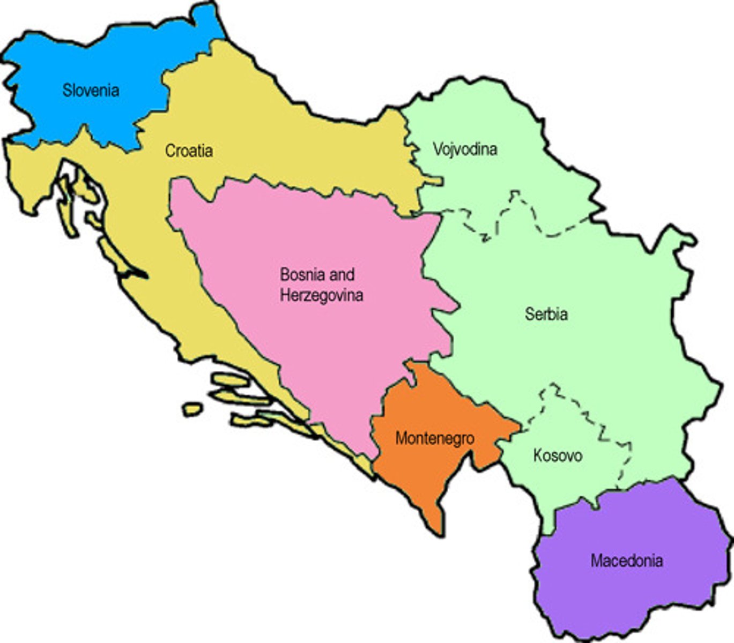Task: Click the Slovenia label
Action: click(91, 90)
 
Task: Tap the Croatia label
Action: click(189, 151)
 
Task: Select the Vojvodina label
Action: click(465, 148)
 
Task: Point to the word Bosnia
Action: click(302, 275)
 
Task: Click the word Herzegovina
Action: click(321, 295)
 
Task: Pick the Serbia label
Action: click(546, 314)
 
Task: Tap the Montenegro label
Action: click(435, 438)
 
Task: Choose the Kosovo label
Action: click(558, 456)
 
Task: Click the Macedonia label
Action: click(627, 561)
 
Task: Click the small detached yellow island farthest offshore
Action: click(192, 409)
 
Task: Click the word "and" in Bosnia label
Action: click(342, 275)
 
